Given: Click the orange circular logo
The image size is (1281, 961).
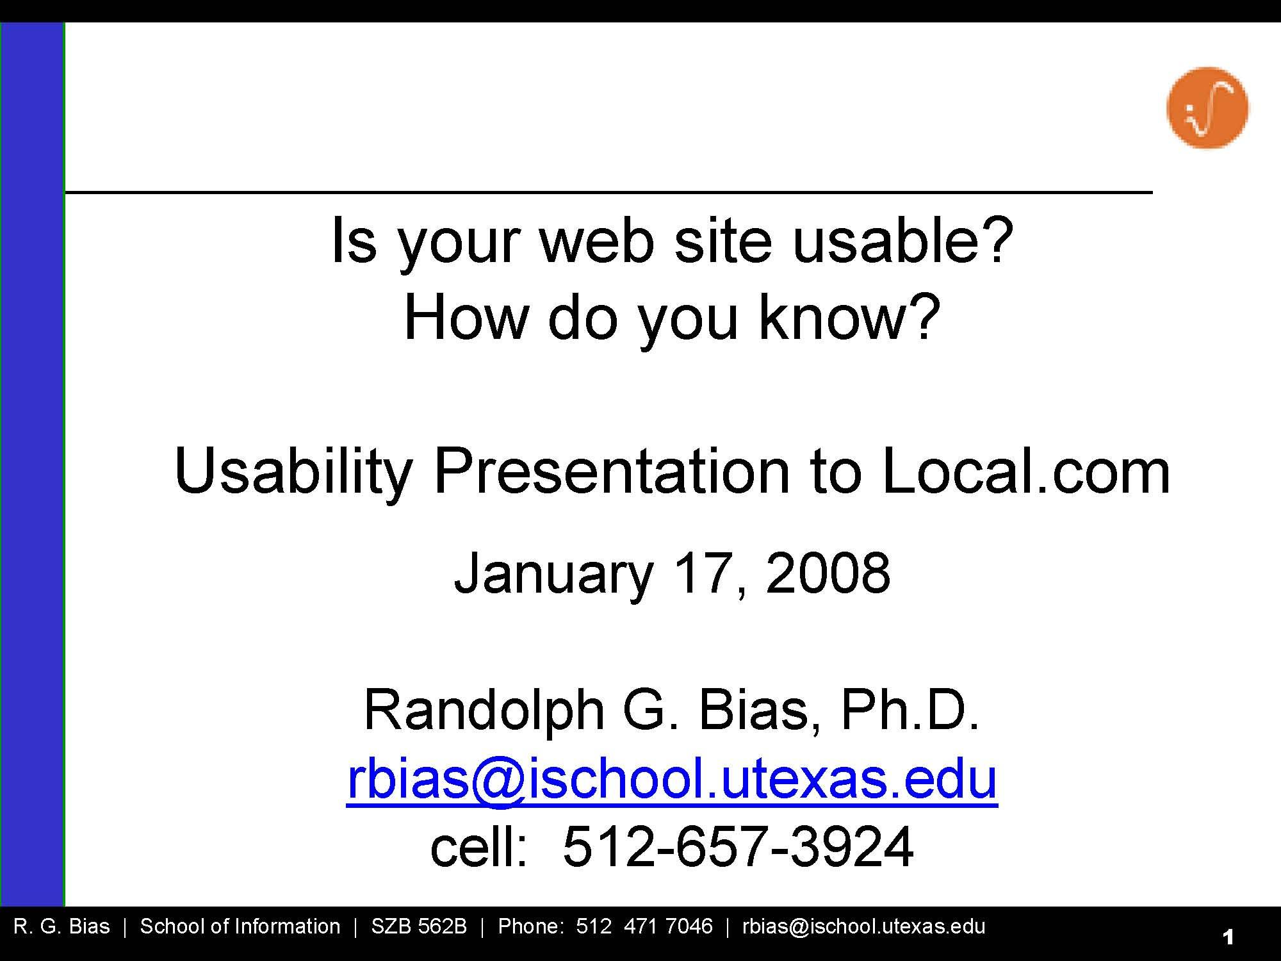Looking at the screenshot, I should click(1207, 108).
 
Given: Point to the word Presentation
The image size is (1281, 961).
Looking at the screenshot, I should click(612, 472).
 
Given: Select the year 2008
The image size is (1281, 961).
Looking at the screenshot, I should click(828, 573).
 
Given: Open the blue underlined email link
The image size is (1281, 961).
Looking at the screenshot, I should click(672, 778).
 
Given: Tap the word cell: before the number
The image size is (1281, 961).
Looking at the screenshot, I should click(479, 847).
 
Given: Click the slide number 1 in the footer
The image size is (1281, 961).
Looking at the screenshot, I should click(1228, 937).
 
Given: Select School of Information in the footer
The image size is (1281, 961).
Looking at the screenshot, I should click(240, 926).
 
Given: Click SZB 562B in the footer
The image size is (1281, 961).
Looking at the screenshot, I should click(419, 926).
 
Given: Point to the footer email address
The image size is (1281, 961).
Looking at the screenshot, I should click(863, 926).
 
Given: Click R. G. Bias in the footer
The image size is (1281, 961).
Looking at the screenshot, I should click(61, 926).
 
